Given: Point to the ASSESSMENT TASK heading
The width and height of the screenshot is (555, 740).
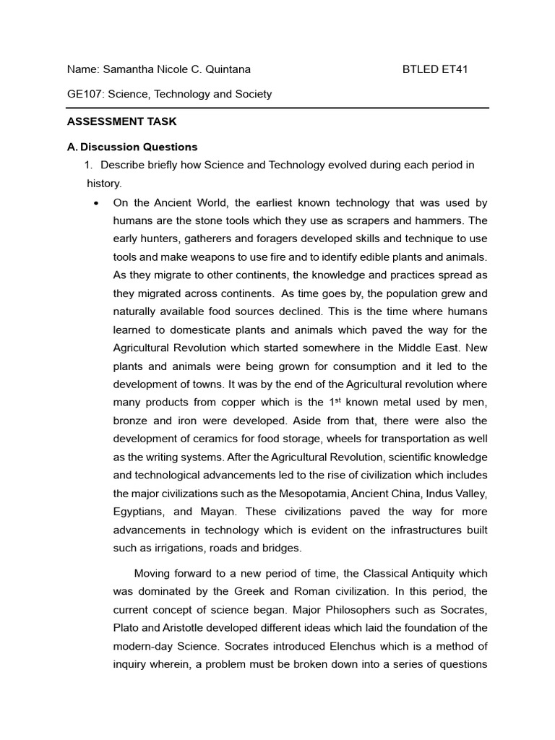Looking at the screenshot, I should [x=121, y=121].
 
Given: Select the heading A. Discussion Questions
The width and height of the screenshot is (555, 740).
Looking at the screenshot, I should [x=132, y=147].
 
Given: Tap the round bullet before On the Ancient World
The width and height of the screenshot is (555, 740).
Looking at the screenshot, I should [x=96, y=203].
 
